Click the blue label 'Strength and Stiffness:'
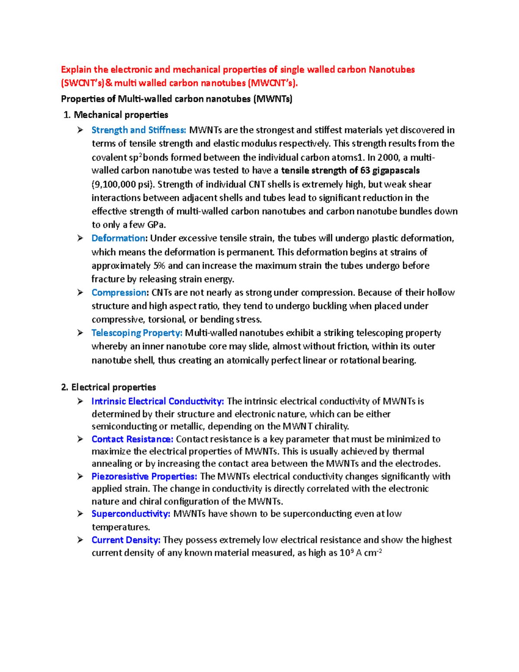click(138, 130)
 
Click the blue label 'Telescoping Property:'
click(137, 333)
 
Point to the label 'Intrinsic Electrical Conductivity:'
click(157, 401)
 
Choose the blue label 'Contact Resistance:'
click(132, 439)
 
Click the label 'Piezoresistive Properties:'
click(144, 476)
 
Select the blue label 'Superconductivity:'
click(131, 514)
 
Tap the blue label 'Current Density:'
click(126, 540)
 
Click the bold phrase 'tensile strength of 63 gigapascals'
click(350, 170)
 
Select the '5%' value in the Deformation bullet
click(159, 265)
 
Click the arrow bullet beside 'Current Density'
click(80, 540)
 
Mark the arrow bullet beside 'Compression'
click(80, 293)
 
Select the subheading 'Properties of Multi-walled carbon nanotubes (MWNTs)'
click(176, 99)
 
